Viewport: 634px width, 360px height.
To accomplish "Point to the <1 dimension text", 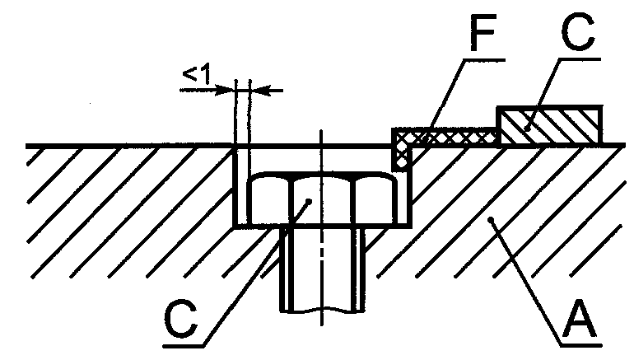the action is coord(197,75).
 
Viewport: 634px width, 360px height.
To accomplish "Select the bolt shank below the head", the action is coord(322,269).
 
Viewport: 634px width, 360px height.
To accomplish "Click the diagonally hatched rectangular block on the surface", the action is coord(549,125).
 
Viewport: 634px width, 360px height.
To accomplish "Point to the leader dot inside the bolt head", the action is coord(309,201).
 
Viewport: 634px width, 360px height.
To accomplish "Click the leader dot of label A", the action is coord(492,220).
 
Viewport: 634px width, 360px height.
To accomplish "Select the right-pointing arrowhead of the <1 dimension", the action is coord(225,90).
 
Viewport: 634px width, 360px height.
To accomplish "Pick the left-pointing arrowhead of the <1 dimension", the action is coord(260,90).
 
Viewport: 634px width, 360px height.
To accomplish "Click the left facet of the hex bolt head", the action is coord(270,199).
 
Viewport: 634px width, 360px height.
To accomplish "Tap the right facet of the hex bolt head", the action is coord(374,199).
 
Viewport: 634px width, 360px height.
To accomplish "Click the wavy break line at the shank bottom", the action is coord(322,311).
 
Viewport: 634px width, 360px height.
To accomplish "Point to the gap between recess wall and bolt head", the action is coord(242,186).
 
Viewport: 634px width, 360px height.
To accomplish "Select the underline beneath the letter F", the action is coord(484,60).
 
